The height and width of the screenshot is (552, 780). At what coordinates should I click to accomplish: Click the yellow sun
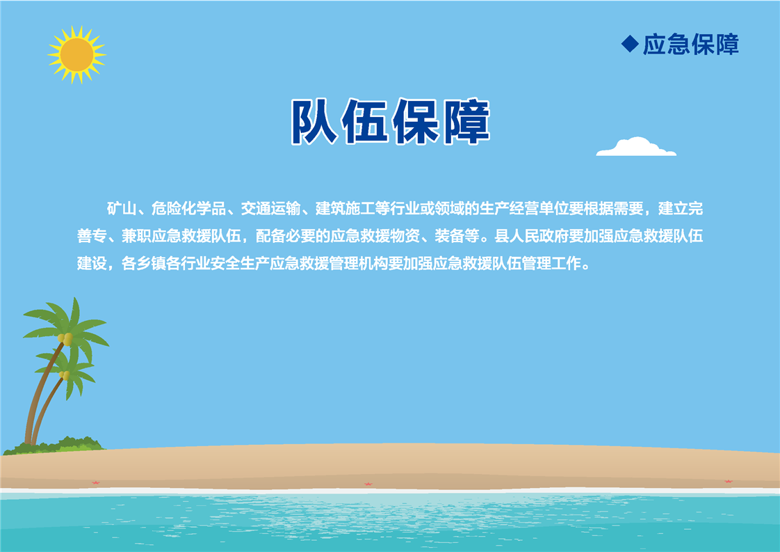(76, 55)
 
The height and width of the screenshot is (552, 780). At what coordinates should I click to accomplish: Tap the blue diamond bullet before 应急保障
(630, 44)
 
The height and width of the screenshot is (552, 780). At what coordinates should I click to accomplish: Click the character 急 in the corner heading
(678, 45)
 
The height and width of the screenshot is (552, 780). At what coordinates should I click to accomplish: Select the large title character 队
(315, 122)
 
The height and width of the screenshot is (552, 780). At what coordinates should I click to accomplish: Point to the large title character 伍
(365, 122)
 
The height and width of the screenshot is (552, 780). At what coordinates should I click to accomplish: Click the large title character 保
(416, 122)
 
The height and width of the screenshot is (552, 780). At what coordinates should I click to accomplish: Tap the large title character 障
(466, 122)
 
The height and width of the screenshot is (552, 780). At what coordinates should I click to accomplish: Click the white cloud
(636, 146)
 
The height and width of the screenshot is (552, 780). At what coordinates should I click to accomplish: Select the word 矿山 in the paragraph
(122, 208)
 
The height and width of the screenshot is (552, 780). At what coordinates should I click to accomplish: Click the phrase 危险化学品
(188, 208)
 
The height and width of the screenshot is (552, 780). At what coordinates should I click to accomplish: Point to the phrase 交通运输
(270, 208)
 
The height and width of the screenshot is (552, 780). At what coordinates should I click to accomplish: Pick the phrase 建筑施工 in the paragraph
(346, 208)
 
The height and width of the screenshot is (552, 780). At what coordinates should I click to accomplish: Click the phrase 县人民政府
(532, 236)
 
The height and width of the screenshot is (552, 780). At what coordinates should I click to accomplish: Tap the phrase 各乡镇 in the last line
(144, 263)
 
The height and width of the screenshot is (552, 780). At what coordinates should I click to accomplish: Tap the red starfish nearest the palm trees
(95, 482)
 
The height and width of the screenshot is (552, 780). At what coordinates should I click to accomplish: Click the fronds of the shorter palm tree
(67, 369)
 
